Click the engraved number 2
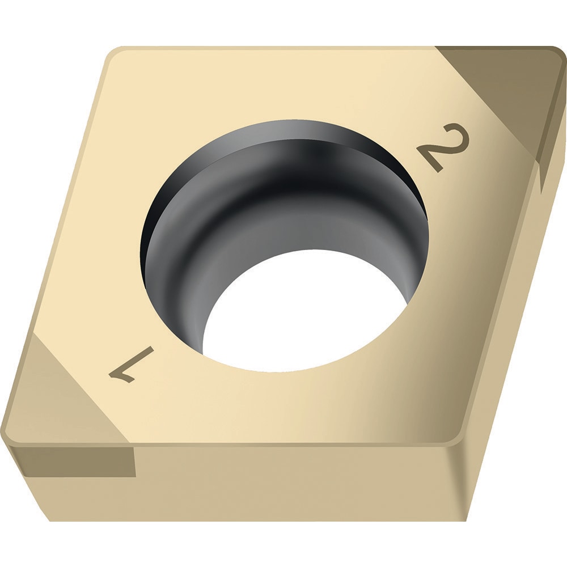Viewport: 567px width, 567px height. (x=444, y=147)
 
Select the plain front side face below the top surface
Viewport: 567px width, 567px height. (x=283, y=482)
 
